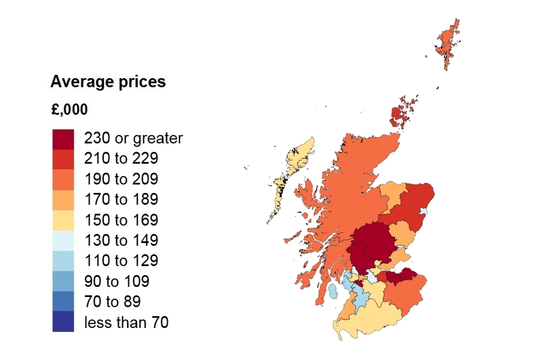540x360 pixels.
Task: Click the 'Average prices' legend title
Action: click(x=108, y=82)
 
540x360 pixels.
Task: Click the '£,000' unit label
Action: click(x=69, y=110)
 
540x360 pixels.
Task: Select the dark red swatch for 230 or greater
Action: click(x=63, y=138)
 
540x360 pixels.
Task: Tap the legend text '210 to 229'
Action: click(x=121, y=159)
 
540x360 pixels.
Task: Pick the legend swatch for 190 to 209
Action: click(x=63, y=179)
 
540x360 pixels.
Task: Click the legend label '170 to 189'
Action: click(x=121, y=199)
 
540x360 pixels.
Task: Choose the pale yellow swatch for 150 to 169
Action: click(x=63, y=219)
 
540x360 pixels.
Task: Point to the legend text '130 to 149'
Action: click(x=121, y=240)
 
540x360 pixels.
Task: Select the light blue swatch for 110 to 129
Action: click(x=63, y=260)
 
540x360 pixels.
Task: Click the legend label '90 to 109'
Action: click(x=116, y=281)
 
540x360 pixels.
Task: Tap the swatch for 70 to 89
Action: click(x=63, y=301)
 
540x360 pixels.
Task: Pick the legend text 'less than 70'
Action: click(x=126, y=322)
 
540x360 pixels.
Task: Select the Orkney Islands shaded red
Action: click(x=400, y=115)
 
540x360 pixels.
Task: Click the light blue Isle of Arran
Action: click(x=333, y=291)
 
